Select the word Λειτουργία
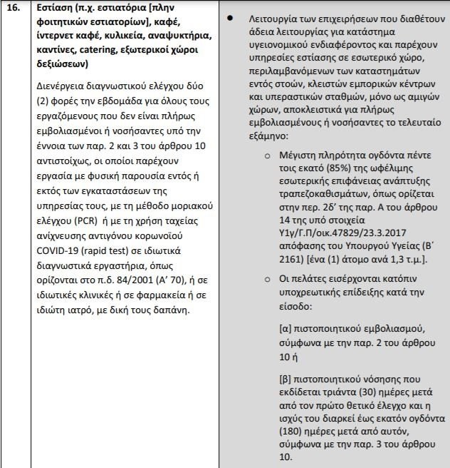273,16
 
